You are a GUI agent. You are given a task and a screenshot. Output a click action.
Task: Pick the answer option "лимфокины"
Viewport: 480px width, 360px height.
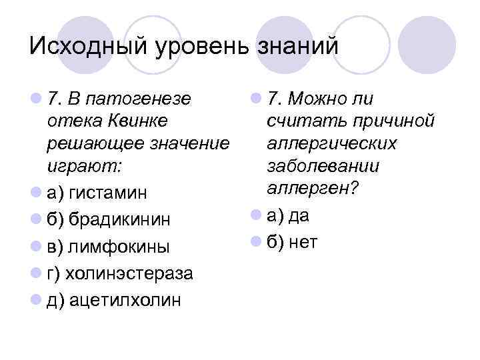click(x=118, y=247)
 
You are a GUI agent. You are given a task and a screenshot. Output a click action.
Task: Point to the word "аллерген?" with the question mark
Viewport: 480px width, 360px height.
click(x=312, y=189)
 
